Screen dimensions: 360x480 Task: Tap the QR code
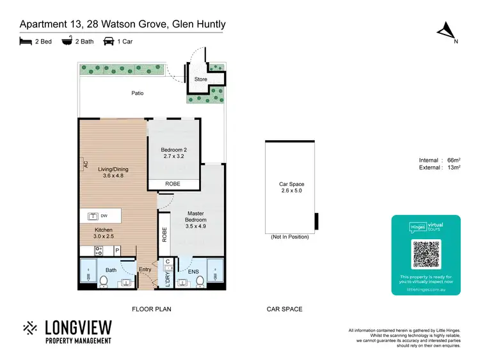[426, 255]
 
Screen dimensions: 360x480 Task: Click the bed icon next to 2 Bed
[26, 42]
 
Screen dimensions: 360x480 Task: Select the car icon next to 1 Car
[108, 42]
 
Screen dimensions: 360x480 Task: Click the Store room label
[200, 79]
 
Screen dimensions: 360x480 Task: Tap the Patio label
[138, 93]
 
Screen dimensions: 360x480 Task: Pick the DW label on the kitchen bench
[104, 216]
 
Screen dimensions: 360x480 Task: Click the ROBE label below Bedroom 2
[173, 184]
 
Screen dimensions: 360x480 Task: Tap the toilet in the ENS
[199, 279]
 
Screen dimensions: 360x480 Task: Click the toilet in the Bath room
[104, 279]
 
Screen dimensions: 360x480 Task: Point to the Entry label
[145, 270]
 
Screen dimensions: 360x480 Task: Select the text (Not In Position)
[289, 237]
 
